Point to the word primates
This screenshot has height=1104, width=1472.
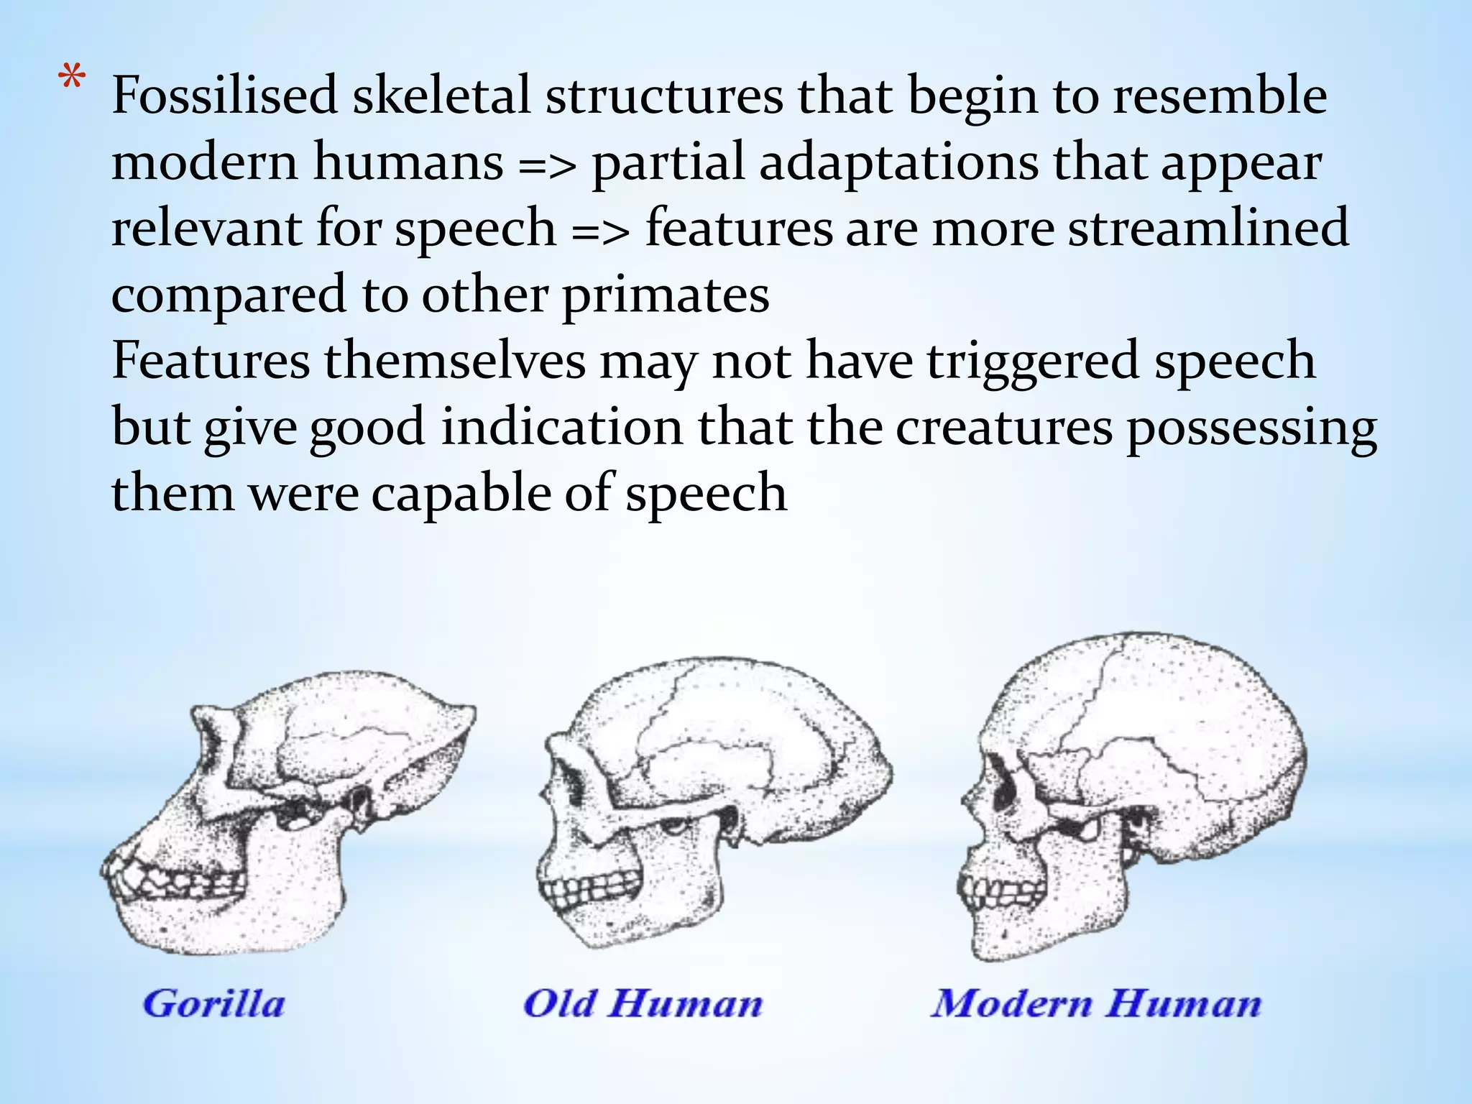point(665,295)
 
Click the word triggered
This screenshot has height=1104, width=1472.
point(1032,362)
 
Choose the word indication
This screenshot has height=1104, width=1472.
point(561,428)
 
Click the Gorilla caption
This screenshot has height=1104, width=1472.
point(214,1003)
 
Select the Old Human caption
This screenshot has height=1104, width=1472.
point(643,1003)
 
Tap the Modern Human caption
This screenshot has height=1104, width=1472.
point(1096,1003)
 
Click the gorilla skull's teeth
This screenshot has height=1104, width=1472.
point(180,880)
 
